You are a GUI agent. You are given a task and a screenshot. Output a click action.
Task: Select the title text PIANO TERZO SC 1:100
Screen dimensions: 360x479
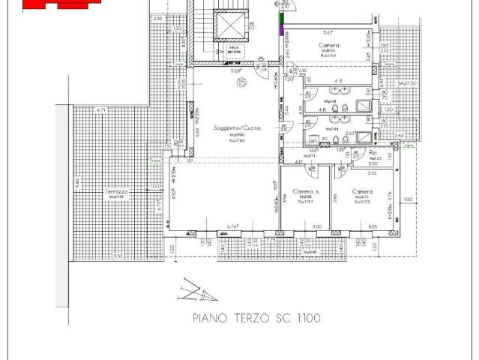coord(256,319)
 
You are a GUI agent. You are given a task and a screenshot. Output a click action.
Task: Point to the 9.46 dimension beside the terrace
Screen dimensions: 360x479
coord(76,181)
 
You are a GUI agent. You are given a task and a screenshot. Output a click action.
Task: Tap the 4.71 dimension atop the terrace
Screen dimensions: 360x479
coord(101,110)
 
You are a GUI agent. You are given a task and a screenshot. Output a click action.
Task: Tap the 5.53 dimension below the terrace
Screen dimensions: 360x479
coord(117,256)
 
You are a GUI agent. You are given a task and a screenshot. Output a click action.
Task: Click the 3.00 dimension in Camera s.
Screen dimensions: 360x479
coord(317,226)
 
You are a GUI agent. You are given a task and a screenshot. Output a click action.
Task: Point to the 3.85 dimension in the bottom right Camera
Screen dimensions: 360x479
coord(373,226)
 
